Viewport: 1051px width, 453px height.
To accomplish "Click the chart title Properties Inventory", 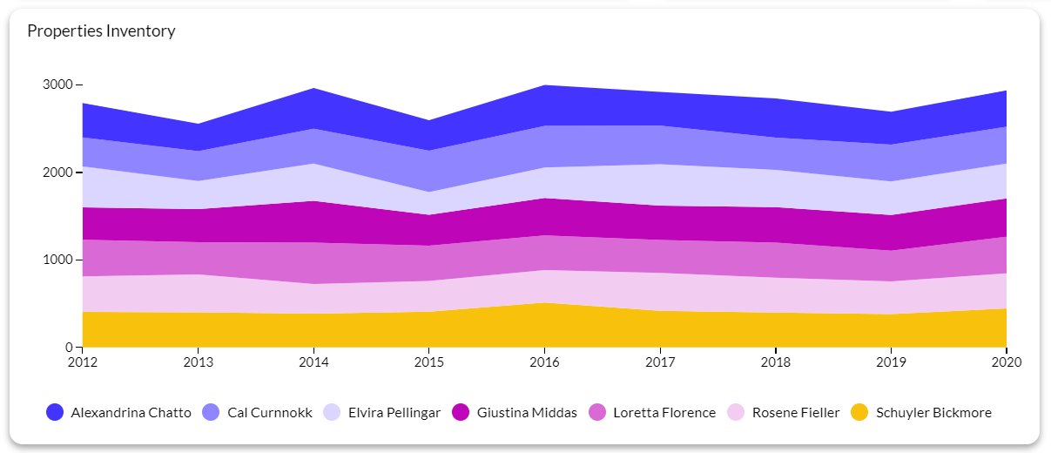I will point(101,31).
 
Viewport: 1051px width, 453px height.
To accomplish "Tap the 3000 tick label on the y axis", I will point(58,85).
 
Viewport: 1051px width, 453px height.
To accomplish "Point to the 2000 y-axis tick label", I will point(58,172).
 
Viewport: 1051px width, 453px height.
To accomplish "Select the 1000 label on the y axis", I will point(58,260).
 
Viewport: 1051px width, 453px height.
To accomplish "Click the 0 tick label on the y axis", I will point(70,347).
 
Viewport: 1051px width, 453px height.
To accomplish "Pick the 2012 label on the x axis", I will point(82,362).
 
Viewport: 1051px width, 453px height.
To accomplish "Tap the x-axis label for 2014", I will point(313,362).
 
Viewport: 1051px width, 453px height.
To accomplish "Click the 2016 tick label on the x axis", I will point(544,362).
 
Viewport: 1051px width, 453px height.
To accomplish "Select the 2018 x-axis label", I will point(775,362).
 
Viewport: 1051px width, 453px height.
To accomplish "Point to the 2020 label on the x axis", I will point(1006,362).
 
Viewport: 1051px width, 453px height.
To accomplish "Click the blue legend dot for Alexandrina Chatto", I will point(55,413).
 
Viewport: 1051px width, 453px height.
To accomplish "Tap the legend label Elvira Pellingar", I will point(394,413).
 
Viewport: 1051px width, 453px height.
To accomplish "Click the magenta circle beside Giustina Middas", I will point(461,413).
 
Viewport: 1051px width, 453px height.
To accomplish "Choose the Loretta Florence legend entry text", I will point(664,413).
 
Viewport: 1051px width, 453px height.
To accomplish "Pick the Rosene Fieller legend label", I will point(796,413).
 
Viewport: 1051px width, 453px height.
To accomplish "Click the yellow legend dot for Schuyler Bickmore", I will point(859,413).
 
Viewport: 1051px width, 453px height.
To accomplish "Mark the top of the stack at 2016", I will point(544,85).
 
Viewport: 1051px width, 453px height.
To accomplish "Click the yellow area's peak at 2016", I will point(544,303).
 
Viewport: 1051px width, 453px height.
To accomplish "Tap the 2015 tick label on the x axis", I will point(428,362).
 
